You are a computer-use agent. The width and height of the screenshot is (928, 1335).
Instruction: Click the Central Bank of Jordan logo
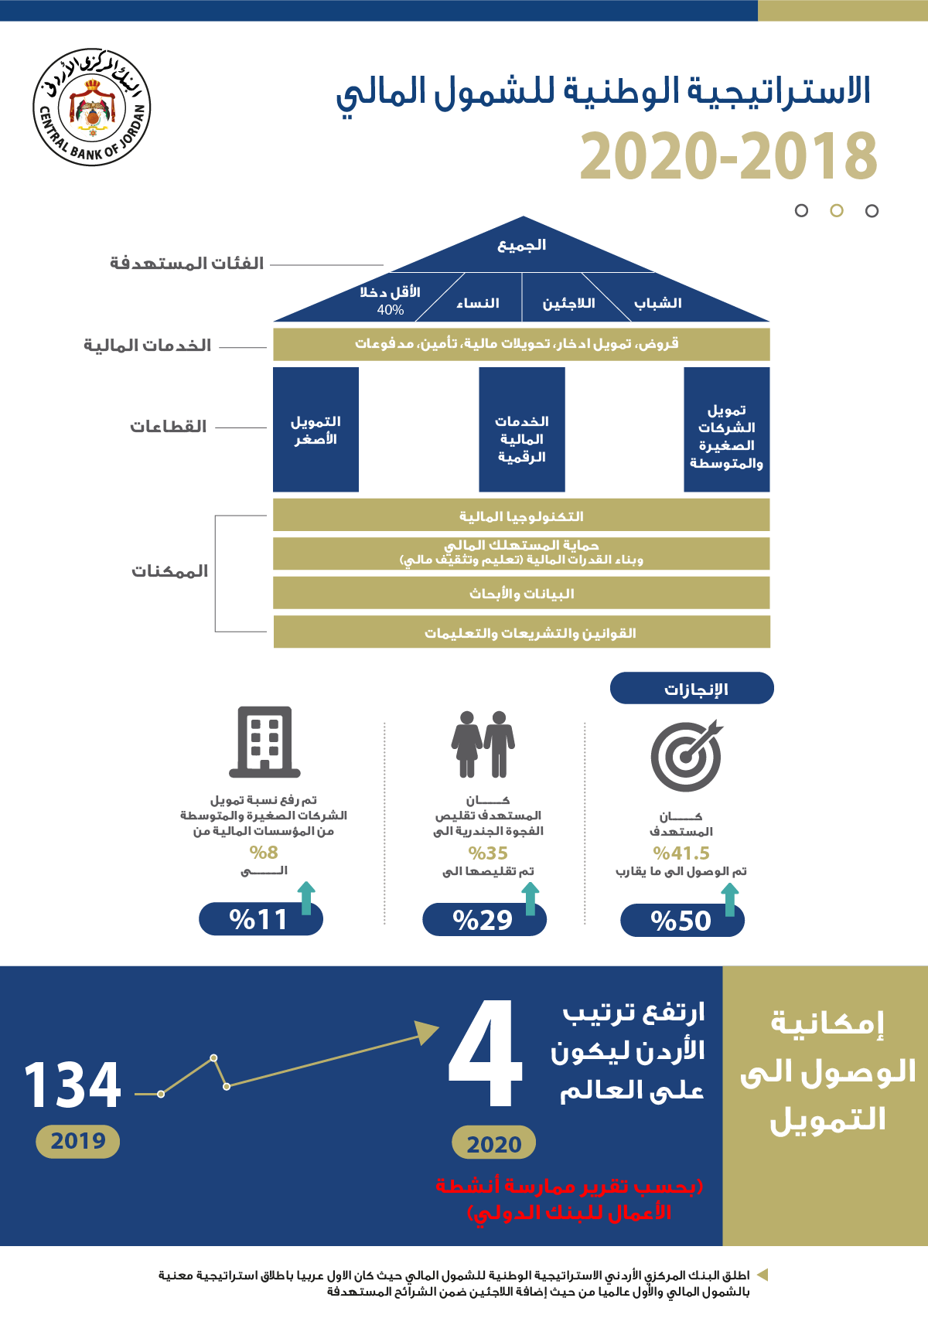coord(91,107)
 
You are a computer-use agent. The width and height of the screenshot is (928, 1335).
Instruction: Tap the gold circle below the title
coord(836,210)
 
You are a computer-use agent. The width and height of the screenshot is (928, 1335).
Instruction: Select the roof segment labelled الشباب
coord(658,303)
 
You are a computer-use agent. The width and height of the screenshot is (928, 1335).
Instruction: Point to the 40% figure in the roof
coord(391,310)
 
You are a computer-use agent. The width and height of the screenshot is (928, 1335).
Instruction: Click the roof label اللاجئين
coord(568,303)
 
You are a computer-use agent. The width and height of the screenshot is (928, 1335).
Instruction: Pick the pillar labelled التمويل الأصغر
coord(316,430)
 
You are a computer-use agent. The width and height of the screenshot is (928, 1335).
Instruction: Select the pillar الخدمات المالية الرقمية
coord(522,430)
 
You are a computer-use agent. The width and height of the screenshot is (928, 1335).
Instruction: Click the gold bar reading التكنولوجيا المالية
coord(521,515)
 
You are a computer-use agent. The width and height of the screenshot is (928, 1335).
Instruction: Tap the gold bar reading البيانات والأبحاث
coord(521,593)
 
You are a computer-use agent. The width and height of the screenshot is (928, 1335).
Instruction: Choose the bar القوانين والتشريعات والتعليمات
coord(522,632)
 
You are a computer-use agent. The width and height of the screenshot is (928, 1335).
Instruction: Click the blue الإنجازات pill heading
coord(692,688)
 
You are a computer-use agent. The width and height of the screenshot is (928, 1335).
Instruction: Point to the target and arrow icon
coord(686,755)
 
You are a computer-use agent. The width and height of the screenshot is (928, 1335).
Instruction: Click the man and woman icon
coord(483,744)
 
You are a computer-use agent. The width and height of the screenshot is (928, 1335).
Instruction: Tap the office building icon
coord(264,741)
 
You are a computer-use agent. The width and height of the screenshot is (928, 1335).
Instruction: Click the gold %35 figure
coord(488,853)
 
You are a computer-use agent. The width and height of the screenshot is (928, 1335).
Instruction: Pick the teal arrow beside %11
coord(306,897)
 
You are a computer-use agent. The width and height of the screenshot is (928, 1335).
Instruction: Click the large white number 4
coord(486,1051)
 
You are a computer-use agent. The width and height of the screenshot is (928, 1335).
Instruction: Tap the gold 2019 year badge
coord(78,1141)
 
